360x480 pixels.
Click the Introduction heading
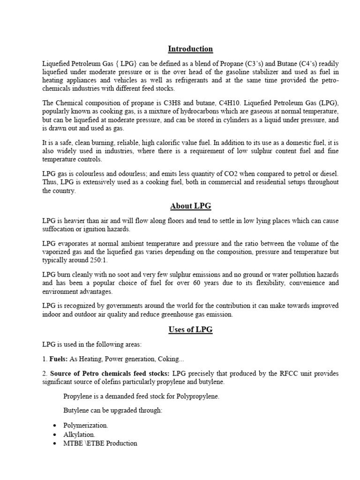(x=190, y=49)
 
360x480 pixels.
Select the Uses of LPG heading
(x=190, y=330)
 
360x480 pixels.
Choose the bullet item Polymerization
(x=86, y=425)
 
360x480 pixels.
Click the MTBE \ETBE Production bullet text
(x=100, y=443)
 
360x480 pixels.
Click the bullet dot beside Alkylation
(x=55, y=435)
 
